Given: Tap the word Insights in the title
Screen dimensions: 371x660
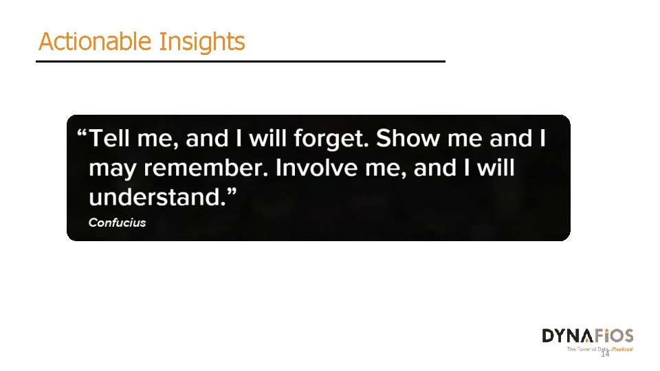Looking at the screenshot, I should click(x=201, y=42).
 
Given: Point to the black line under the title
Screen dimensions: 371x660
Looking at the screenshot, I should click(x=241, y=61).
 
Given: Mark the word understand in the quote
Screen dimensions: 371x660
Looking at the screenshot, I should click(x=157, y=198).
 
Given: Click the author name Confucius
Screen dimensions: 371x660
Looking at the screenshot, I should click(x=117, y=223).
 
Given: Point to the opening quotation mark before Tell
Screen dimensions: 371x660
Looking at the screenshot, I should click(x=82, y=134).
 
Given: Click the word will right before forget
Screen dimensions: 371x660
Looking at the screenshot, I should click(x=268, y=139).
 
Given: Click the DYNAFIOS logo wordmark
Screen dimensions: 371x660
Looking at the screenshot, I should click(x=588, y=336).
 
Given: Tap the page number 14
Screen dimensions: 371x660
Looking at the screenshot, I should click(x=605, y=354).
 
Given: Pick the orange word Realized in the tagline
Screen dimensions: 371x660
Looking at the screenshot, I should click(x=623, y=349).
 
